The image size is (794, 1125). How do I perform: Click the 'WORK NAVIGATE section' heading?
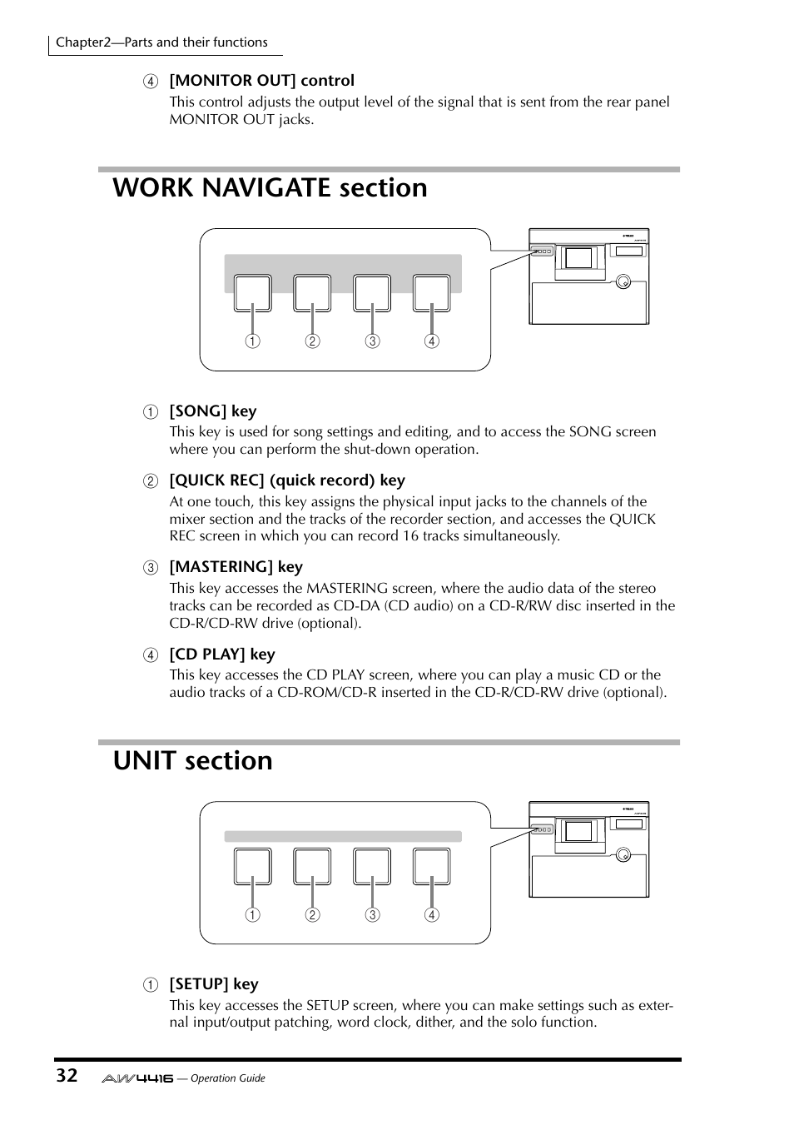pyautogui.click(x=270, y=188)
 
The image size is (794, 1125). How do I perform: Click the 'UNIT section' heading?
pyautogui.click(x=192, y=761)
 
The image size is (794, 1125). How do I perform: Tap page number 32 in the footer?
pyautogui.click(x=67, y=1075)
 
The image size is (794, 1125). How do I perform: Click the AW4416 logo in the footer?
pyautogui.click(x=137, y=1078)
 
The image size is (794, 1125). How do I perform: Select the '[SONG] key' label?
pyautogui.click(x=213, y=411)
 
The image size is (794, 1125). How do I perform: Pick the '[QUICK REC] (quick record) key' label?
pyautogui.click(x=287, y=480)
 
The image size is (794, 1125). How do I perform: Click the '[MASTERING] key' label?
pyautogui.click(x=236, y=567)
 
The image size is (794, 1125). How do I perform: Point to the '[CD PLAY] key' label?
pyautogui.click(x=221, y=655)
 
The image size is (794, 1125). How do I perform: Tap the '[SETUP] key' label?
pyautogui.click(x=214, y=984)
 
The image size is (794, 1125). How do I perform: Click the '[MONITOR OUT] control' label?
pyautogui.click(x=261, y=81)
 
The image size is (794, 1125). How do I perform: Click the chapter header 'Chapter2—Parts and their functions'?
pyautogui.click(x=161, y=42)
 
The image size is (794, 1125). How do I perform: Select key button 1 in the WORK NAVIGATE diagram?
pyautogui.click(x=252, y=293)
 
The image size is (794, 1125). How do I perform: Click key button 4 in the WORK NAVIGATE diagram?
pyautogui.click(x=431, y=293)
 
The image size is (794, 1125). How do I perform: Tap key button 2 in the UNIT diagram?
pyautogui.click(x=312, y=866)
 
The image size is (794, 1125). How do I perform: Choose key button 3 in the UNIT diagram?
pyautogui.click(x=372, y=866)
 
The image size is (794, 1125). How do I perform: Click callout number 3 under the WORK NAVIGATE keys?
pyautogui.click(x=372, y=341)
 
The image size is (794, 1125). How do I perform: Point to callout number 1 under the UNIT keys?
pyautogui.click(x=252, y=915)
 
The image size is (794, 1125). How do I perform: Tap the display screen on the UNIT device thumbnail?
pyautogui.click(x=578, y=831)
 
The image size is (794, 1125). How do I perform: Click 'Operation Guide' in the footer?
pyautogui.click(x=227, y=1078)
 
